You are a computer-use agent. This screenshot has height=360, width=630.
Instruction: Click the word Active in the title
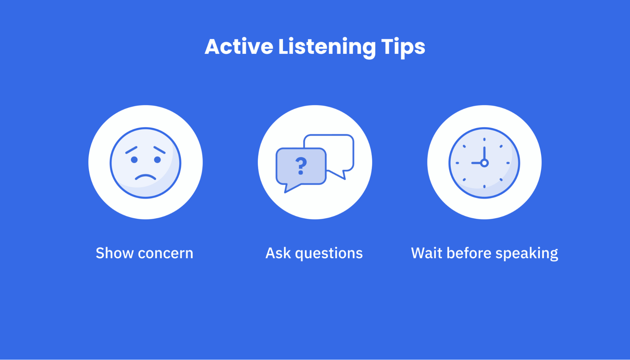point(239,47)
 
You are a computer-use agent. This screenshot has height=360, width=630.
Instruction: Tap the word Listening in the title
point(327,47)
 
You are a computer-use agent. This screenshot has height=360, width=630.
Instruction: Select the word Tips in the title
point(403,47)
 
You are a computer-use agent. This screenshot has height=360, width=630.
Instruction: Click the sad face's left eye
point(134,160)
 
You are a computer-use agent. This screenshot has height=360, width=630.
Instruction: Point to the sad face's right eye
point(157,160)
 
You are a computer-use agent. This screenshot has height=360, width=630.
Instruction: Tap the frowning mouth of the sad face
point(146,178)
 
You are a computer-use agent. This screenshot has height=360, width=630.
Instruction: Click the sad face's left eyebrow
point(131,150)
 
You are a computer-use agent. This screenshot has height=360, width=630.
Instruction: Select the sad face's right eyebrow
point(160,150)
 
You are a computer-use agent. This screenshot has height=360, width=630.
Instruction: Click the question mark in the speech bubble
point(301,166)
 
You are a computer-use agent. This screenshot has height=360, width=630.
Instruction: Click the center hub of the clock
point(484,163)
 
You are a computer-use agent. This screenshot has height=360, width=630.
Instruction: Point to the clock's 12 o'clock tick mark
point(484,140)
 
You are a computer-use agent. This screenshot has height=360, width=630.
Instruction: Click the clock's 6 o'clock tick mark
point(484,187)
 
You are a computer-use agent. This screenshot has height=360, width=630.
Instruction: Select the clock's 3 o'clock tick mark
point(508,163)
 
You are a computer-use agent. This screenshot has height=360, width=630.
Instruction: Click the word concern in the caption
point(165,253)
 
